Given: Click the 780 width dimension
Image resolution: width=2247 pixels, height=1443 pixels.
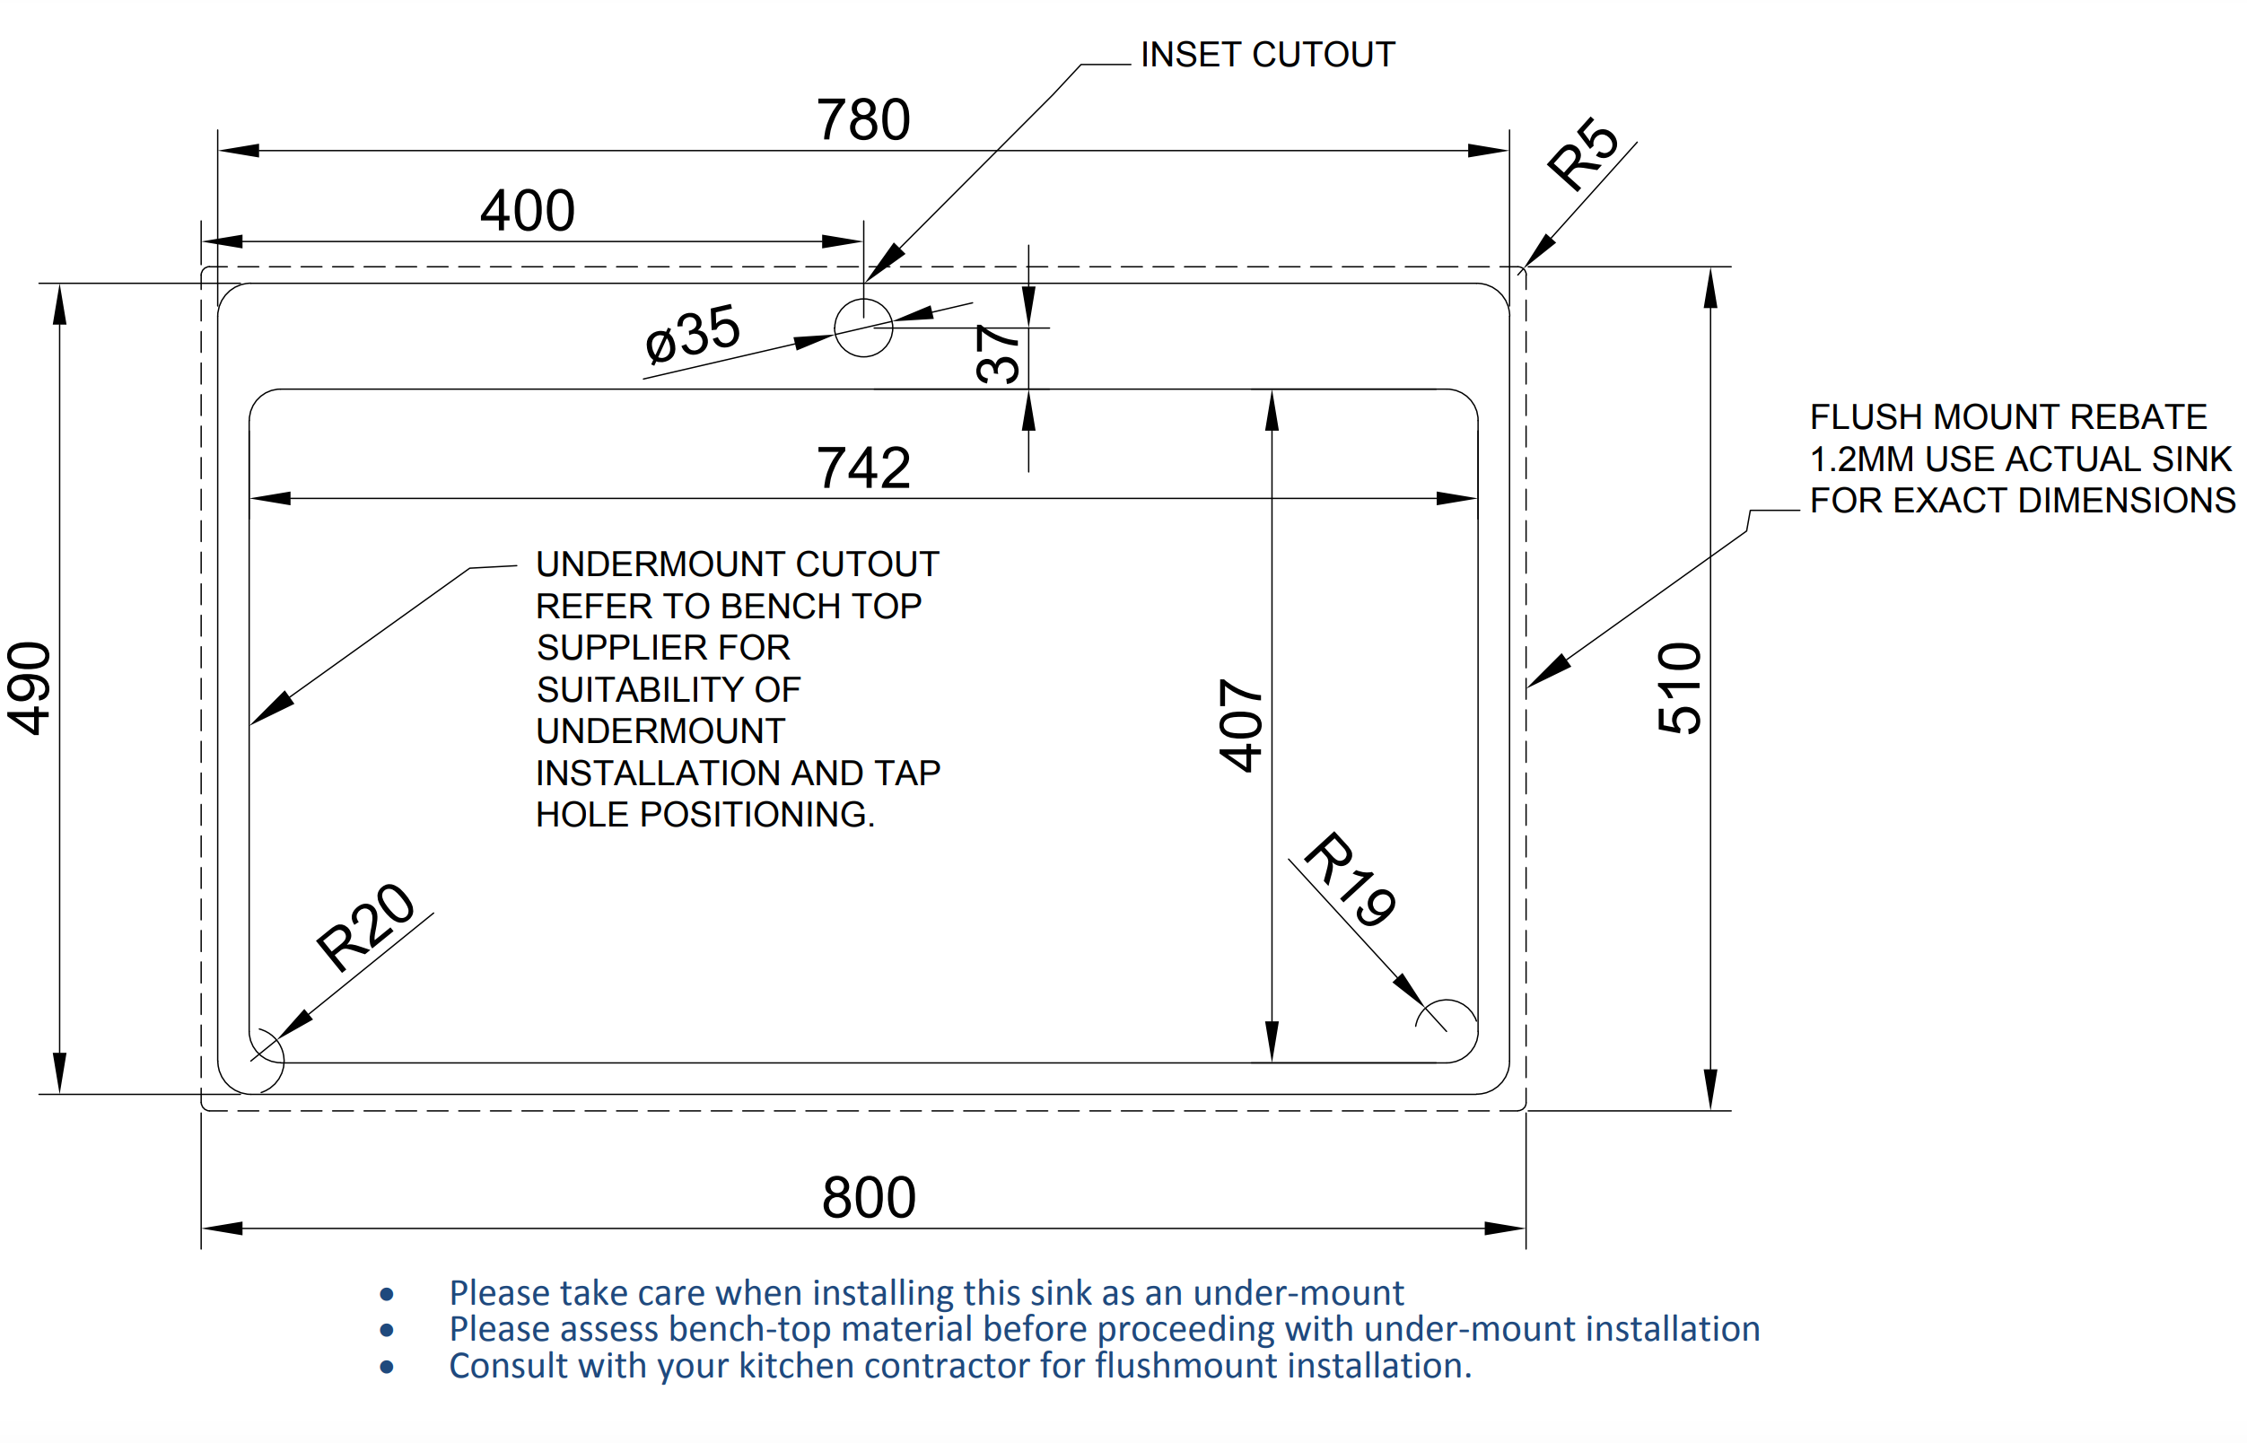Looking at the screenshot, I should pyautogui.click(x=863, y=120).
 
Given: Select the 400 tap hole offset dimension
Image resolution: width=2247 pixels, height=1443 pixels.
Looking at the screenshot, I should pyautogui.click(x=528, y=211).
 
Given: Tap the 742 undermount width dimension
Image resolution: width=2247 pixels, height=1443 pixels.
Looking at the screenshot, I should pyautogui.click(x=863, y=468).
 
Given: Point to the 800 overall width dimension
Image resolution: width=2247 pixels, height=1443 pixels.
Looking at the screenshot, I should pyautogui.click(x=869, y=1197).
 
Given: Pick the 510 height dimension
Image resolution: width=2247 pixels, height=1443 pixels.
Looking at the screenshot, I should pyautogui.click(x=1679, y=688).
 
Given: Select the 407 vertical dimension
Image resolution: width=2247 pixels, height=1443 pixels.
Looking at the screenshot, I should pyautogui.click(x=1241, y=726).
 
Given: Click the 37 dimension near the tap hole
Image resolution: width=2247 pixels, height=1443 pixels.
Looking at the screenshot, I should pyautogui.click(x=998, y=354).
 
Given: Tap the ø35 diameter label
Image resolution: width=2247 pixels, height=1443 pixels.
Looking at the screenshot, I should pyautogui.click(x=693, y=334).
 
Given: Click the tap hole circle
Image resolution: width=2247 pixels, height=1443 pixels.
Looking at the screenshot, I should pyautogui.click(x=863, y=328).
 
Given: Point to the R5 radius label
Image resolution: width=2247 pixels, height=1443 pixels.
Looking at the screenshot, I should pyautogui.click(x=1583, y=153).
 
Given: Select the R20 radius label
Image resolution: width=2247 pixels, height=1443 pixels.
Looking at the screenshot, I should pyautogui.click(x=364, y=927).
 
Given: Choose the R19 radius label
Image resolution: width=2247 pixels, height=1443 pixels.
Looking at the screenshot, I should pyautogui.click(x=1351, y=879).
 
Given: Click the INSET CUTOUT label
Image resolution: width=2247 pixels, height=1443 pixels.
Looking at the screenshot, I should pyautogui.click(x=1267, y=56).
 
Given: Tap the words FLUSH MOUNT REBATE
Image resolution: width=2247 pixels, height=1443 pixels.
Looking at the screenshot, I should pyautogui.click(x=2008, y=417).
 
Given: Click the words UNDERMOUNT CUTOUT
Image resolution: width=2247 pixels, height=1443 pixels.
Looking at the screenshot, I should pyautogui.click(x=738, y=565).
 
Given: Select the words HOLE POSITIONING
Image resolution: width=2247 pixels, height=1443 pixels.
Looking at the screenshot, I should pyautogui.click(x=704, y=815).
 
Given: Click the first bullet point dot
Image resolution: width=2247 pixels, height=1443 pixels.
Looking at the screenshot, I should pyautogui.click(x=387, y=1295).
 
